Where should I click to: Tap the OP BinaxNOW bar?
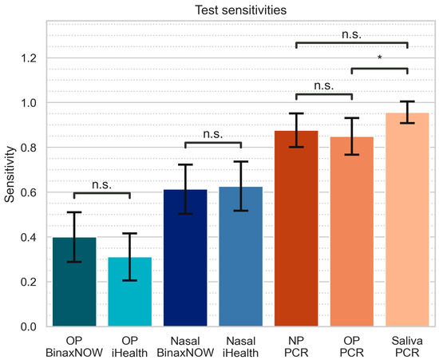coord(74,283)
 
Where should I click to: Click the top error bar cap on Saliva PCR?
coord(407,101)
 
